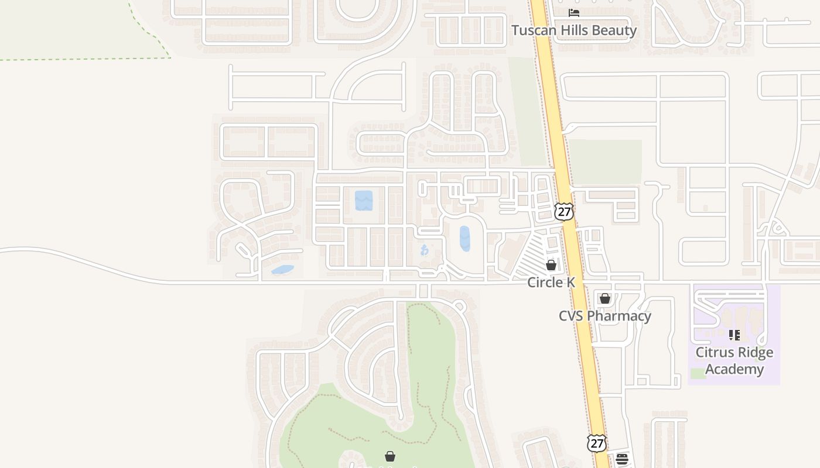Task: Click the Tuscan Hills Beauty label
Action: point(574,30)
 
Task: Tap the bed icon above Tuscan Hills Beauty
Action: point(574,12)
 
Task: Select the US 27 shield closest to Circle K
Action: point(564,211)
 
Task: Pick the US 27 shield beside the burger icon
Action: point(596,443)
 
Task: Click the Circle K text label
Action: point(551,283)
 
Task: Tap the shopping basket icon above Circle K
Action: point(551,265)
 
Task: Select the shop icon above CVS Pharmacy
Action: point(605,298)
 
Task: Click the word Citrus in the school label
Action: point(715,353)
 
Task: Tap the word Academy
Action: point(734,369)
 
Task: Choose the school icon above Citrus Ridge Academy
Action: point(734,335)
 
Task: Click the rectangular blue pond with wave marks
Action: point(364,201)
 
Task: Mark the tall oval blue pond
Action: point(465,239)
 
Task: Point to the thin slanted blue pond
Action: point(282,270)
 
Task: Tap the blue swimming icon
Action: point(425,250)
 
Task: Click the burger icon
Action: point(622,459)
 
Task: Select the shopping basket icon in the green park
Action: point(390,456)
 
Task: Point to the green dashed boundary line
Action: point(88,59)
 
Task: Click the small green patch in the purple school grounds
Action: point(698,373)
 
